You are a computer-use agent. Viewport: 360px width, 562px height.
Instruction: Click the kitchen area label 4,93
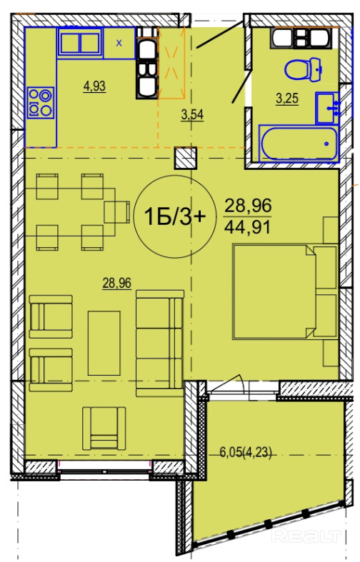pyautogui.click(x=94, y=86)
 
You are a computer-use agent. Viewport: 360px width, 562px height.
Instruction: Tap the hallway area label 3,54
pyautogui.click(x=193, y=115)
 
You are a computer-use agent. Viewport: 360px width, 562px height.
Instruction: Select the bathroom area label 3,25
pyautogui.click(x=287, y=99)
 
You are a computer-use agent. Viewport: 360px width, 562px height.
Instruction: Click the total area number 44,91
pyautogui.click(x=247, y=227)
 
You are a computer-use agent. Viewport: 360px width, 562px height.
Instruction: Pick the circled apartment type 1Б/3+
pyautogui.click(x=174, y=216)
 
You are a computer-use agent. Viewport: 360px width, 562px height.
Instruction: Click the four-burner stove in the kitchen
pyautogui.click(x=41, y=103)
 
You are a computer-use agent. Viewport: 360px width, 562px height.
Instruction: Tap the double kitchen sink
pyautogui.click(x=80, y=43)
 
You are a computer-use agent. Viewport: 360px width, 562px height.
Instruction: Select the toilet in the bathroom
pyautogui.click(x=303, y=69)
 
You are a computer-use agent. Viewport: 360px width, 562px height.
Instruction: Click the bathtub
pyautogui.click(x=299, y=144)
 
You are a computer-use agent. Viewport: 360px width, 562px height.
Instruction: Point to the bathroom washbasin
pyautogui.click(x=327, y=108)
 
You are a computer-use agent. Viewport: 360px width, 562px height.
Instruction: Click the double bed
pyautogui.click(x=285, y=291)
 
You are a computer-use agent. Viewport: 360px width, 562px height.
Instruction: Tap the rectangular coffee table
pyautogui.click(x=104, y=343)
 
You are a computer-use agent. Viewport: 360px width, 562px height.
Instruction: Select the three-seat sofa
pyautogui.click(x=160, y=343)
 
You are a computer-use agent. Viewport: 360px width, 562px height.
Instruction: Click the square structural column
pyautogui.click(x=186, y=158)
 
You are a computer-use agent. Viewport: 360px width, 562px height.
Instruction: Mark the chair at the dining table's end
pyautogui.click(x=117, y=212)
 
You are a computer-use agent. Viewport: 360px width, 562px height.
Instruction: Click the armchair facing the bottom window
pyautogui.click(x=104, y=428)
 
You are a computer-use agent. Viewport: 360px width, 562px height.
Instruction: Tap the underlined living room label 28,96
pyautogui.click(x=117, y=283)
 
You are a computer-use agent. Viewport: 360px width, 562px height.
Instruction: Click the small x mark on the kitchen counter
pyautogui.click(x=119, y=44)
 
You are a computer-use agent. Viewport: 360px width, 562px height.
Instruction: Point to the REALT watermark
pyautogui.click(x=306, y=536)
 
